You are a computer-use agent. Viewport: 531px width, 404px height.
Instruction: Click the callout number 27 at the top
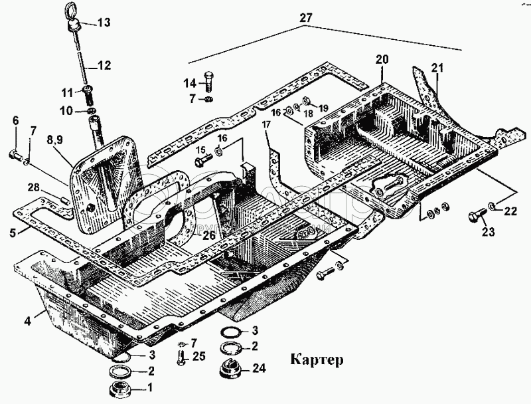(x=305, y=18)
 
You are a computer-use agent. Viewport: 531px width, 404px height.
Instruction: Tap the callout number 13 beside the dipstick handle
(x=104, y=23)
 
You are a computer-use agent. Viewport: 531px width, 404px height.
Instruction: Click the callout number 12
(x=105, y=66)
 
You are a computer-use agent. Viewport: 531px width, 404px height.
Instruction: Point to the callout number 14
(x=190, y=83)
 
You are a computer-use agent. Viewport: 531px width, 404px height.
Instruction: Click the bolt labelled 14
(x=208, y=80)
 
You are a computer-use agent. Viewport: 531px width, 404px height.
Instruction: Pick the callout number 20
(x=382, y=59)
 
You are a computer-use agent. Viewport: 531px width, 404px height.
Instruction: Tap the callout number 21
(x=436, y=67)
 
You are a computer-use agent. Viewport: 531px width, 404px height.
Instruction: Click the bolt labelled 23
(x=475, y=217)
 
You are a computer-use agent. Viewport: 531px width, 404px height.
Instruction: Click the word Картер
(x=316, y=361)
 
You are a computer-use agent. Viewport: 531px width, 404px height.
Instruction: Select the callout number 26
(x=209, y=235)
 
